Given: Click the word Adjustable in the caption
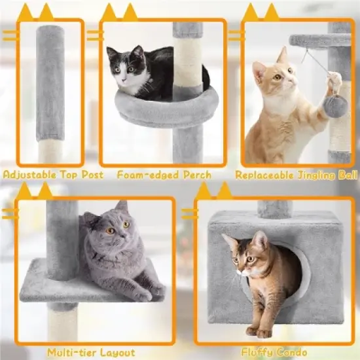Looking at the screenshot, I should click(x=26, y=175).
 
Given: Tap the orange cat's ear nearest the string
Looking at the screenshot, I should click(x=283, y=55).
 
